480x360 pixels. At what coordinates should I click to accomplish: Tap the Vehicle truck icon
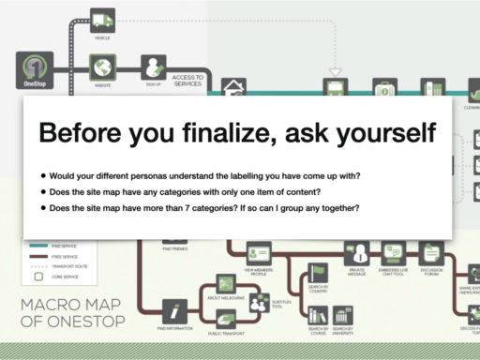pos(103,20)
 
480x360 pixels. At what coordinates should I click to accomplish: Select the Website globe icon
pos(103,67)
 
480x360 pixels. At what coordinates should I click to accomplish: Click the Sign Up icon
pos(153,66)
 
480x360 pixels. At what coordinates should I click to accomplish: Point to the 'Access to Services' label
pos(187,80)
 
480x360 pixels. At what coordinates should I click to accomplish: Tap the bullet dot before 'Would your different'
pos(43,175)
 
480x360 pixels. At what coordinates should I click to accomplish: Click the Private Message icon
pos(356,254)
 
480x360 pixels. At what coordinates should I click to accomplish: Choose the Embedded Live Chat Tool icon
pos(392,254)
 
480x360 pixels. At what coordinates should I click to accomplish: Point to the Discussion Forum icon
pos(430,253)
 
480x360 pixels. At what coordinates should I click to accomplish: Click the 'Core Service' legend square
pos(39,277)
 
